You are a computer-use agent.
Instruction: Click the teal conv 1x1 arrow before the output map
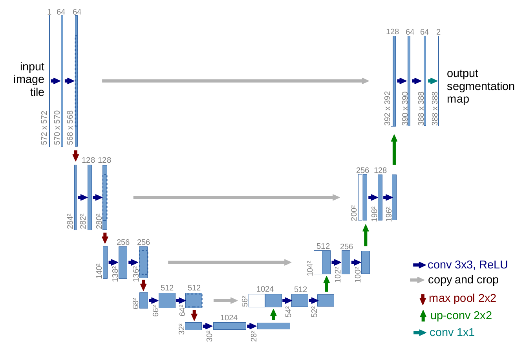[x=433, y=81]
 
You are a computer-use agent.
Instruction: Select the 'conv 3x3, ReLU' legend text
[x=468, y=265]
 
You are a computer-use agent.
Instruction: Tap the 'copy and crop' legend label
[x=463, y=280]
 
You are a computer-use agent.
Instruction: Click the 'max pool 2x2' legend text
[x=463, y=298]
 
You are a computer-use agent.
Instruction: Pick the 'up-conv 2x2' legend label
[x=461, y=316]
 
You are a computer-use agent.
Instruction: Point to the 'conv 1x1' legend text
[x=452, y=332]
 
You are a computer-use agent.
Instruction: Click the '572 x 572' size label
[x=44, y=128]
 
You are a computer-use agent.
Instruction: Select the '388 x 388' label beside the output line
[x=435, y=108]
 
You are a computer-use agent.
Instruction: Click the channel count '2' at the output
[x=438, y=32]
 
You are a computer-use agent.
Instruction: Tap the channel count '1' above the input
[x=49, y=12]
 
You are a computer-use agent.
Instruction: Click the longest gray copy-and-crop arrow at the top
[x=236, y=81]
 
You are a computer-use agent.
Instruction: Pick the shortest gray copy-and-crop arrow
[x=225, y=301]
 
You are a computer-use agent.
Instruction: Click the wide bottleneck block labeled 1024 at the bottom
[x=230, y=326]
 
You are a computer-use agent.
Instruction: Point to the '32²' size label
[x=182, y=329]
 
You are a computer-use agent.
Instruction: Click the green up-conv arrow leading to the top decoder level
[x=394, y=150]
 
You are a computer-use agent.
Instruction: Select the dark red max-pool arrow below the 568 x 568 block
[x=75, y=156]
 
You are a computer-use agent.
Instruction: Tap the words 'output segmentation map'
[x=481, y=86]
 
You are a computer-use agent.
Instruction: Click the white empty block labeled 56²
[x=257, y=301]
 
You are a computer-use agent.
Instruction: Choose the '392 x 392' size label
[x=388, y=108]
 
